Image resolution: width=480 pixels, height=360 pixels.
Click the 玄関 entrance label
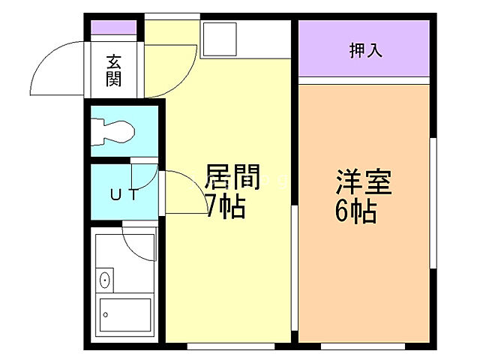(x=113, y=70)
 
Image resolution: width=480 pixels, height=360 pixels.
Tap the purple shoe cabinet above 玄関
(x=113, y=28)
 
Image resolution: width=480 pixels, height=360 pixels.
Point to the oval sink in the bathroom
(x=104, y=281)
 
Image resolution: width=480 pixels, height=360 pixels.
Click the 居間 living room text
(x=232, y=180)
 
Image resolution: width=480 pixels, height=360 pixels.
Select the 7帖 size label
(x=224, y=207)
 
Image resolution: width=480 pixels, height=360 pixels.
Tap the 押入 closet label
(x=365, y=50)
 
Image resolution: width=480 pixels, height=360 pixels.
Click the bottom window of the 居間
(x=229, y=346)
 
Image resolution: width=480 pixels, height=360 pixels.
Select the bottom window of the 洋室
(x=363, y=346)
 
